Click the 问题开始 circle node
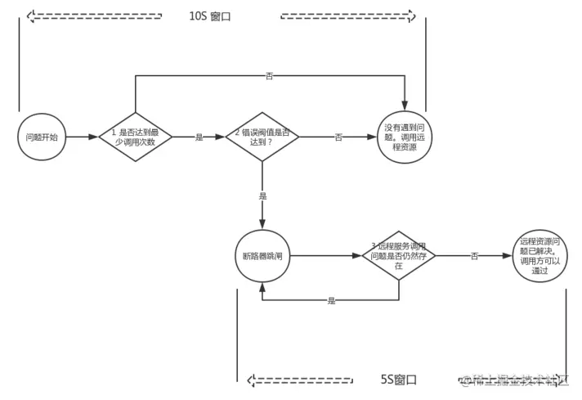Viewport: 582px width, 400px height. point(42,137)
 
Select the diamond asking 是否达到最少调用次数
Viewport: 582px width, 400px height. point(136,137)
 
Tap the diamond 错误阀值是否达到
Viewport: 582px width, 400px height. point(262,137)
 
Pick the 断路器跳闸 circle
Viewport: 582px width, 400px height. point(262,256)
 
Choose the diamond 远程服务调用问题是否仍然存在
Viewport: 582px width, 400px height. point(399,256)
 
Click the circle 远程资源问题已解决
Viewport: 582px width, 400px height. point(539,256)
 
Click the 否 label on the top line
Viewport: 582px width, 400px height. point(270,75)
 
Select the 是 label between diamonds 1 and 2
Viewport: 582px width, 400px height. point(199,137)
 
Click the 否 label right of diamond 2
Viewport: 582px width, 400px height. point(338,137)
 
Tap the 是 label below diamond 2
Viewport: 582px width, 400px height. point(262,196)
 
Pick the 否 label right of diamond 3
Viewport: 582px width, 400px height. point(475,256)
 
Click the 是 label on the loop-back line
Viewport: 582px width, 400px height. point(331,300)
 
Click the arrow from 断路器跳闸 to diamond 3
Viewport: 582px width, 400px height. point(326,256)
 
